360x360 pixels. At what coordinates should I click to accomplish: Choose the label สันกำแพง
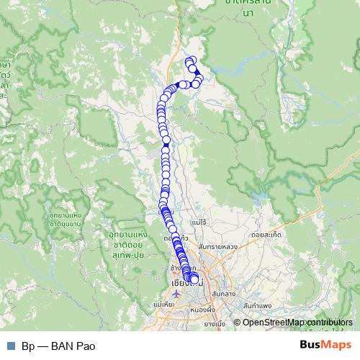pyautogui.click(x=257, y=306)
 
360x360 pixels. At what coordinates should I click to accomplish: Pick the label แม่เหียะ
pyautogui.click(x=164, y=306)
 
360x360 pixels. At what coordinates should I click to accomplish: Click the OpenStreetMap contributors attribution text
pyautogui.click(x=297, y=323)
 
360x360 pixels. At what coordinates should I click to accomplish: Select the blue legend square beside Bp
pyautogui.click(x=10, y=346)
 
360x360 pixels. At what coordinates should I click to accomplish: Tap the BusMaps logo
pyautogui.click(x=325, y=345)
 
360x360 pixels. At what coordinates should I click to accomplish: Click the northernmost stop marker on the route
pyautogui.click(x=191, y=60)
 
